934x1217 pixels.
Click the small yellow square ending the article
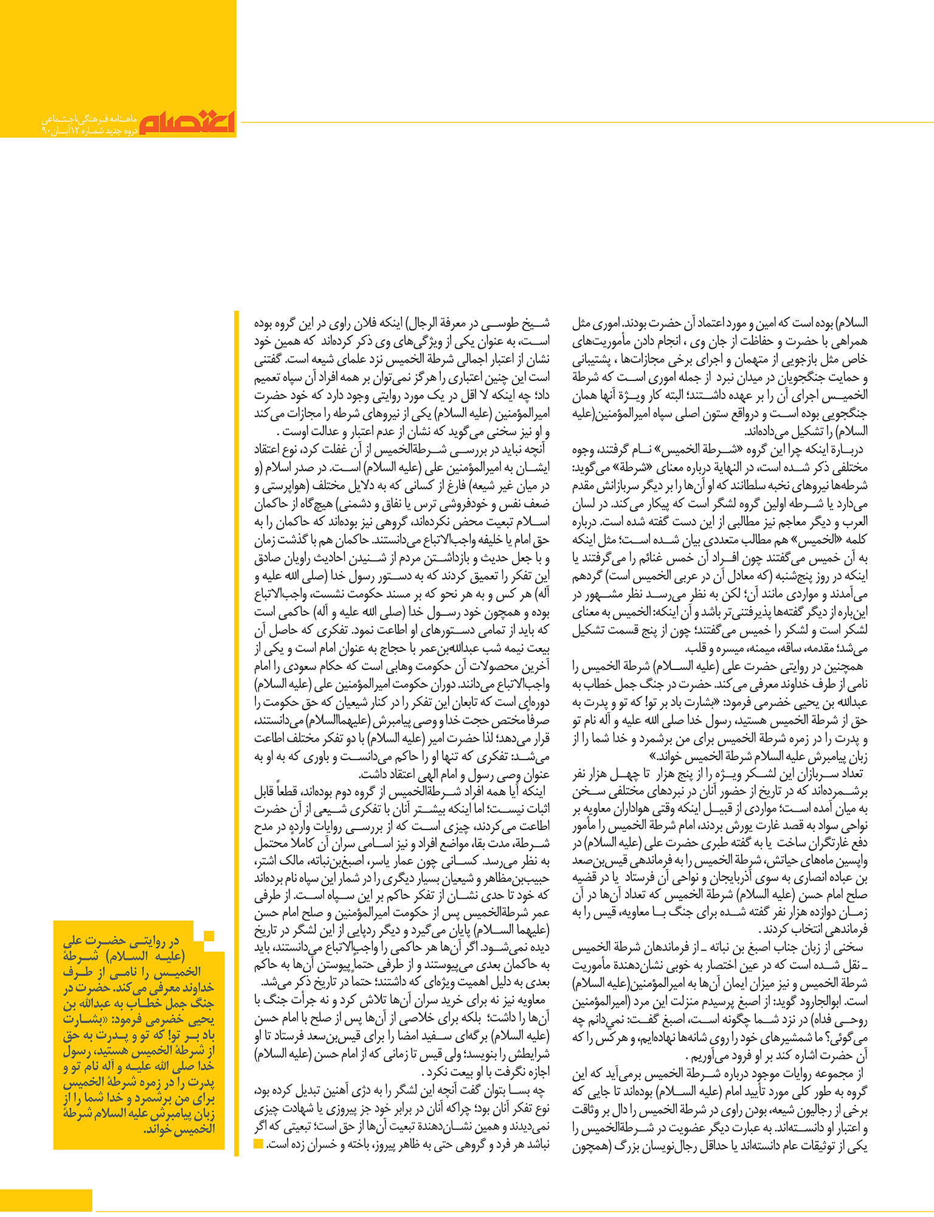point(258,1144)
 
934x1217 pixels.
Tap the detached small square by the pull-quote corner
point(209,936)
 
